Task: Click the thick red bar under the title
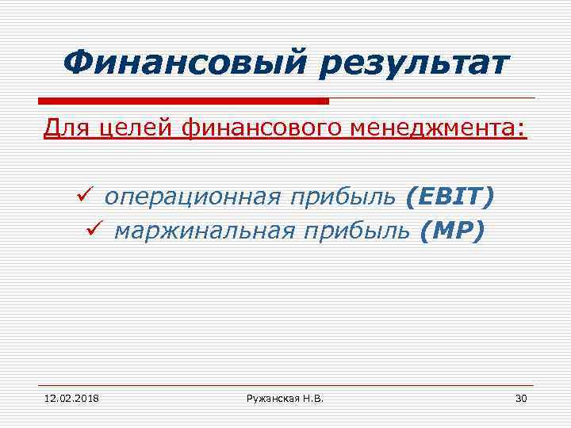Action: [x=183, y=101]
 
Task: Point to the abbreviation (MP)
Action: [x=451, y=231]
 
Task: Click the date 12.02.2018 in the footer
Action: [x=67, y=397]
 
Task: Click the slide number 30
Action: [x=520, y=397]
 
